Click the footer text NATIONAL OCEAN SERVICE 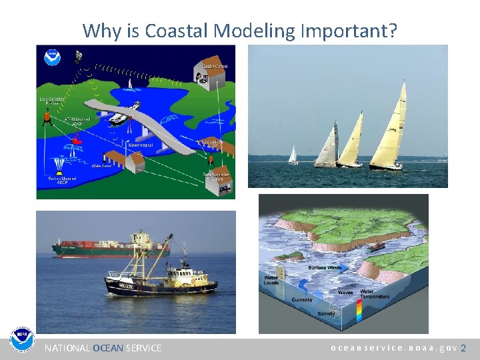click(103, 348)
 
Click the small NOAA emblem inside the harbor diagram click(52, 57)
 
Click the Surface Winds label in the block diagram click(326, 267)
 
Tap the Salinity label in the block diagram click(326, 313)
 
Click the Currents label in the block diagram click(301, 300)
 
